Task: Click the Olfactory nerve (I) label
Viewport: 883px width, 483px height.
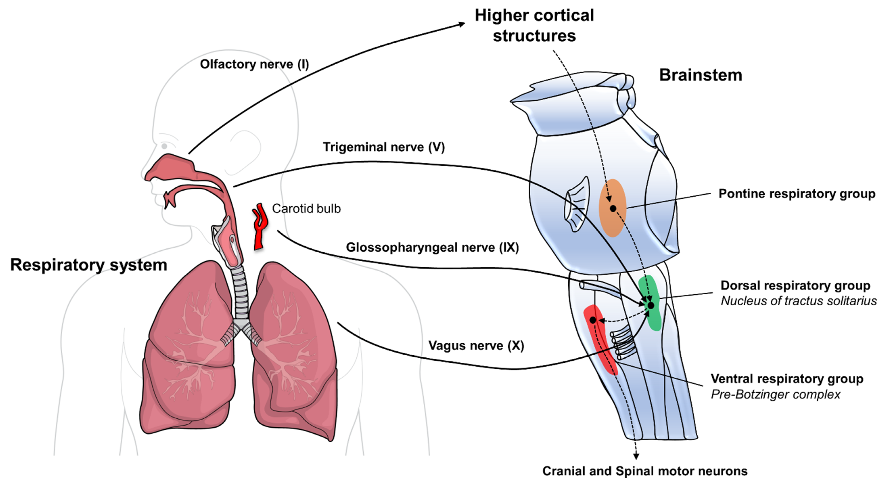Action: [254, 64]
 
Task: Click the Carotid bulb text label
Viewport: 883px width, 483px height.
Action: [306, 209]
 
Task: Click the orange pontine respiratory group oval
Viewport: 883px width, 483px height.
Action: [612, 219]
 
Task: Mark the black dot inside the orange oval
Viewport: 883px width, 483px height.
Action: [613, 208]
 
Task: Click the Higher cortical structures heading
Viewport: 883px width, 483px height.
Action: [534, 25]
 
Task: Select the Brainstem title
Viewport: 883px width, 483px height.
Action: [701, 75]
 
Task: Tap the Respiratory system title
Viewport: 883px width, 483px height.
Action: [88, 265]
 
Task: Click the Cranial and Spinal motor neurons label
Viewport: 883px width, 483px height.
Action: [645, 471]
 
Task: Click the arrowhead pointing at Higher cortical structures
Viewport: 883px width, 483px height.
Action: [462, 24]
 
